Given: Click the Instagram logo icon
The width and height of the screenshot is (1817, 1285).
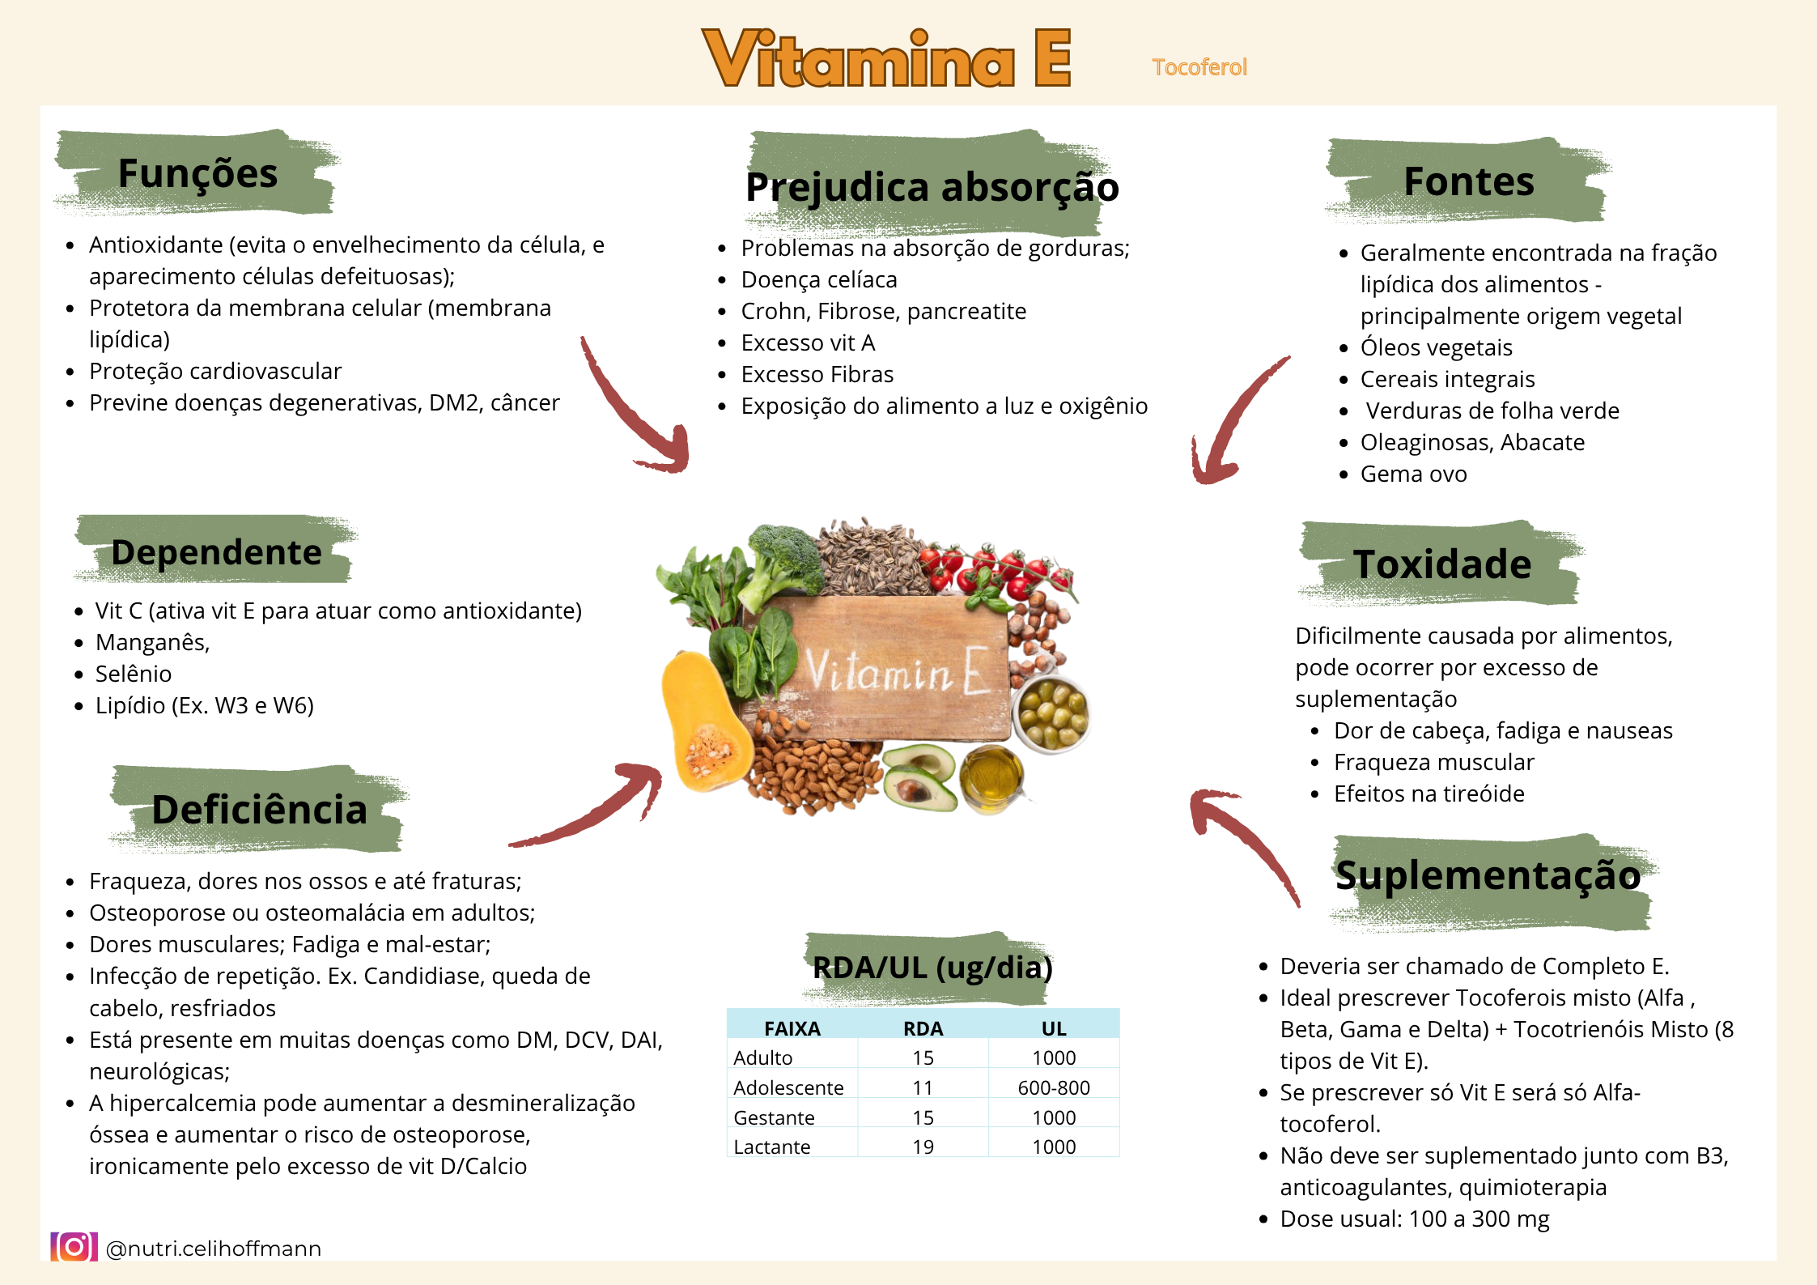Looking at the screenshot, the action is (74, 1247).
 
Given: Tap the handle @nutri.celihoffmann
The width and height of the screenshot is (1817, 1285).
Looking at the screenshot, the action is (214, 1249).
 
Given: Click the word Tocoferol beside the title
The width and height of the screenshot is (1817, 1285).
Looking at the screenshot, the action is (1199, 67).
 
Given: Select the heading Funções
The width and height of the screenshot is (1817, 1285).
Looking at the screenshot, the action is (197, 173).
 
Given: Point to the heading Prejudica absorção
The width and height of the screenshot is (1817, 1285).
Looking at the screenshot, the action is (932, 188).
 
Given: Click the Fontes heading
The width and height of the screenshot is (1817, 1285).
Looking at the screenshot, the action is (1469, 181).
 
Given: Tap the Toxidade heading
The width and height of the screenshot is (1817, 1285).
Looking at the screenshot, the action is (1442, 564).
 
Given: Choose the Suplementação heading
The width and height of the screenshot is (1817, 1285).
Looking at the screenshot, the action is (1488, 875).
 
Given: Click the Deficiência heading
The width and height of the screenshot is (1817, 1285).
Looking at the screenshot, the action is (260, 810).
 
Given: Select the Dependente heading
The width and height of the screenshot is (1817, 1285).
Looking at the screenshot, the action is (217, 552).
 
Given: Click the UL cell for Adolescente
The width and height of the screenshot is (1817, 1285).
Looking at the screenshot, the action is (1054, 1087).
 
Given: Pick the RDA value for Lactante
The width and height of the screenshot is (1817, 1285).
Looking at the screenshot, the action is (923, 1147).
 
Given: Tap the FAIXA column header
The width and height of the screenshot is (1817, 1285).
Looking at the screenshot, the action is (792, 1028).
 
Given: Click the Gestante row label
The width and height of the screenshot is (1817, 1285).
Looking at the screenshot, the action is (774, 1117).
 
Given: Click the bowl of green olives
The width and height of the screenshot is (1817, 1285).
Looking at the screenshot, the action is (1051, 713).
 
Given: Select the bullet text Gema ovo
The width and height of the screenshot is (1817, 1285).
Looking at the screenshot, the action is (1413, 474).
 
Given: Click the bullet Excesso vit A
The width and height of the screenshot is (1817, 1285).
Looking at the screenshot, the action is (808, 343).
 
